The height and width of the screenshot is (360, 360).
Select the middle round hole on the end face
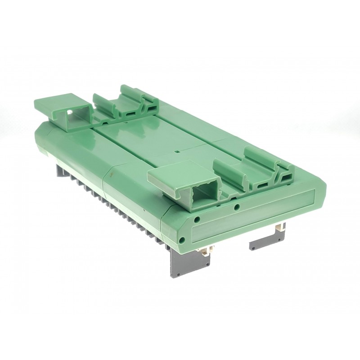(197, 220)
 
